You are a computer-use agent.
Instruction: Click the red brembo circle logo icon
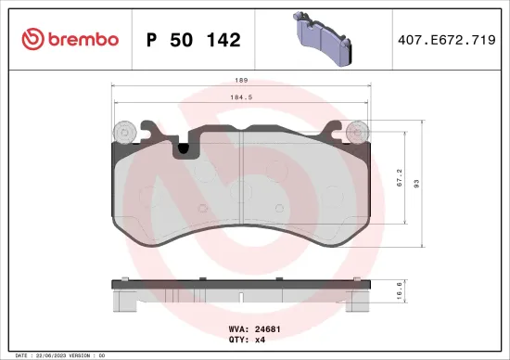pos(31,39)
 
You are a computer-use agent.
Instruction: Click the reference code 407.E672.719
pos(445,40)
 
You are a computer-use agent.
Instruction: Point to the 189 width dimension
pos(241,80)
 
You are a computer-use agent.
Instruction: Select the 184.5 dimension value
pos(241,96)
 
